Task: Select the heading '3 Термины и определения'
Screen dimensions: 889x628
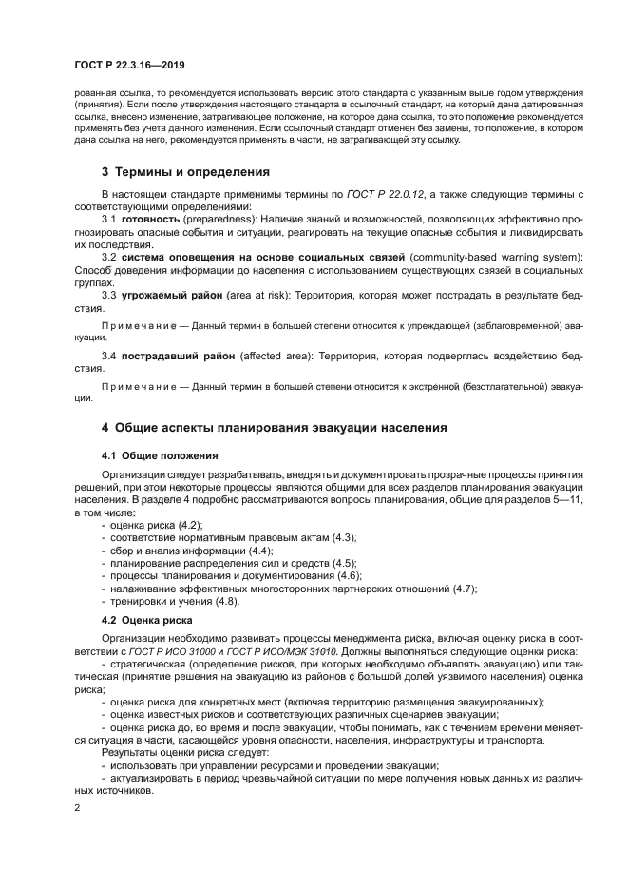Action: (185, 172)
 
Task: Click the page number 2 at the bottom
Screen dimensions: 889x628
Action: (77, 808)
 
